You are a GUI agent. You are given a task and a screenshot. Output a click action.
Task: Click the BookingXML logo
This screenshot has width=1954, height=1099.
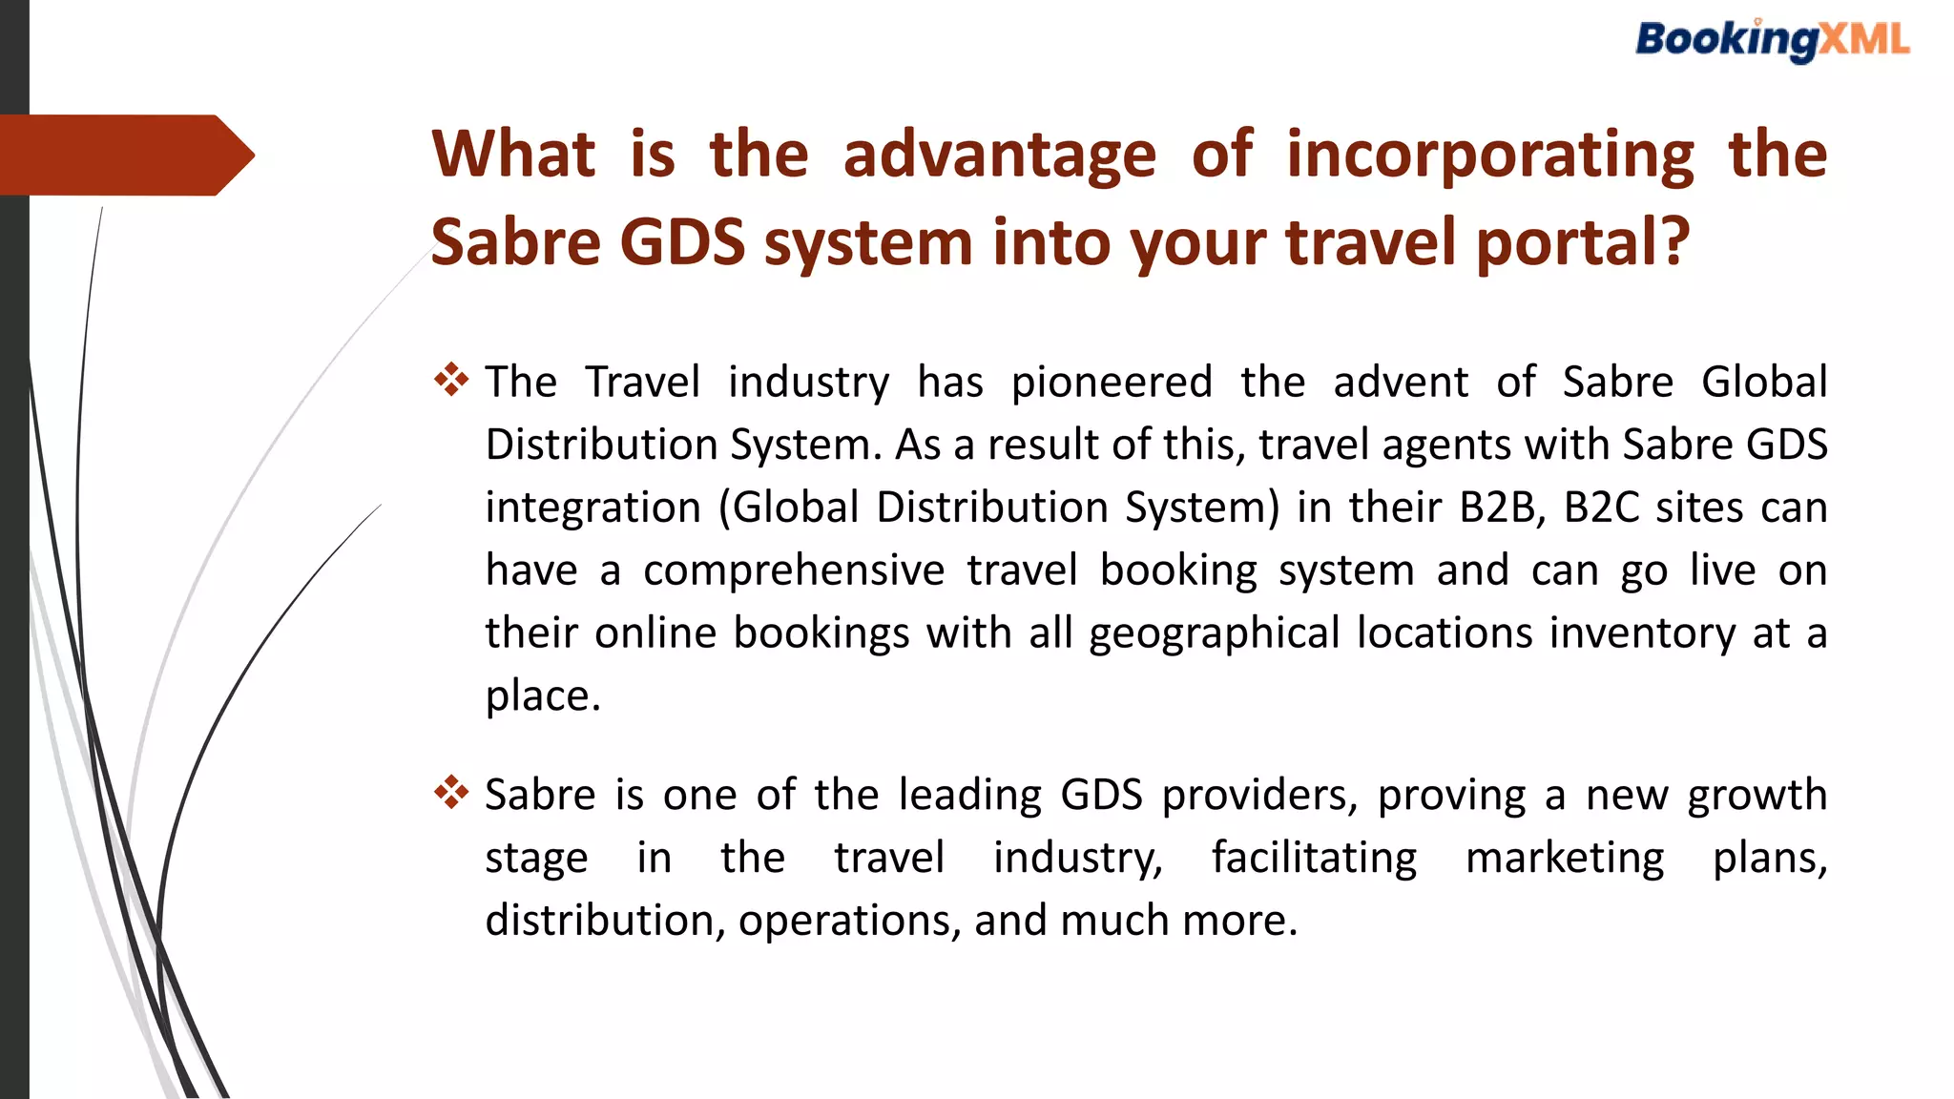[x=1772, y=41]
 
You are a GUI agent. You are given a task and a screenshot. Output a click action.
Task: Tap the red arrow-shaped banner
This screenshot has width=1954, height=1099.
[x=124, y=155]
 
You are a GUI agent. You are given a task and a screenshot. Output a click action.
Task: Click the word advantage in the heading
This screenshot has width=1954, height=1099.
[x=999, y=155]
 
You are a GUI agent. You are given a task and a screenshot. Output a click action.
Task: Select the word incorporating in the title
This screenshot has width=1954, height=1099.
[x=1489, y=155]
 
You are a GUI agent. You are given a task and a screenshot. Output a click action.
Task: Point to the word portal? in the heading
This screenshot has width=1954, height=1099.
[x=1583, y=242]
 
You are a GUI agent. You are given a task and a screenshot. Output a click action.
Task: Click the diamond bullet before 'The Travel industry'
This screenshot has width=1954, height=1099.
[x=451, y=380]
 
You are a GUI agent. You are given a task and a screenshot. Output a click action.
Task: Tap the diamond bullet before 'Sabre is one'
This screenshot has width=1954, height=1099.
[x=451, y=793]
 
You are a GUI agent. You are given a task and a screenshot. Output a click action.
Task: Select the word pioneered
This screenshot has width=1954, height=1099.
[x=1112, y=383]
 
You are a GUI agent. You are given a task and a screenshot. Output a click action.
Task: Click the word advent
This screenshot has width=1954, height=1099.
[x=1401, y=383]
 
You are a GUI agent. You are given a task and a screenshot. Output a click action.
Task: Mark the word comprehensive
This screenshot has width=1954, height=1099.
[x=794, y=571]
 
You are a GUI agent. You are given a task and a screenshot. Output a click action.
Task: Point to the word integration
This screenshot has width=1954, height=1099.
[x=592, y=508]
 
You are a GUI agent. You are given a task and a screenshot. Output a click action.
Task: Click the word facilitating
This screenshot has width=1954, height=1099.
[x=1314, y=858]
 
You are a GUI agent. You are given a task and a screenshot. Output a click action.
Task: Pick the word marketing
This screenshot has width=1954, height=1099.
[x=1565, y=858]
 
